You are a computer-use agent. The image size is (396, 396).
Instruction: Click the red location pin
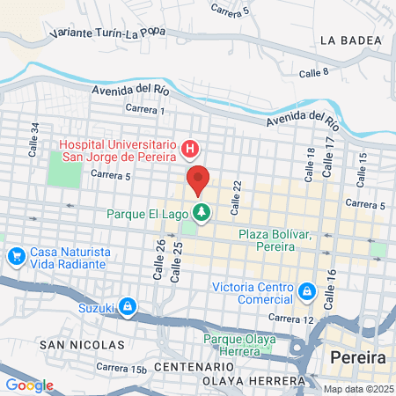click(x=198, y=180)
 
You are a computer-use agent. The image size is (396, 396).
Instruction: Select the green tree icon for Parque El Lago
click(x=202, y=213)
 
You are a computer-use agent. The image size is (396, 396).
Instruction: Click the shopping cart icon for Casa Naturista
click(x=15, y=256)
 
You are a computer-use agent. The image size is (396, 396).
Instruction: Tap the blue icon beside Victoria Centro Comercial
click(x=306, y=290)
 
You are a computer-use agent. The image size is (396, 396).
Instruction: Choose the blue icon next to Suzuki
click(x=128, y=306)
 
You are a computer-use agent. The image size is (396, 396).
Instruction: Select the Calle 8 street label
click(x=313, y=73)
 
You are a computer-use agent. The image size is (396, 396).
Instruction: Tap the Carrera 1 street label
click(x=145, y=109)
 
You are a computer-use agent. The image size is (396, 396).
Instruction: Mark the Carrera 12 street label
click(x=291, y=318)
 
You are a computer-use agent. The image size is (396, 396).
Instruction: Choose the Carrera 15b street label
click(x=121, y=367)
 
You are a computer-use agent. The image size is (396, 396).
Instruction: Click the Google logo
click(x=29, y=385)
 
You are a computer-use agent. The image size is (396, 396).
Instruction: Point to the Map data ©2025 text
click(x=359, y=389)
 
